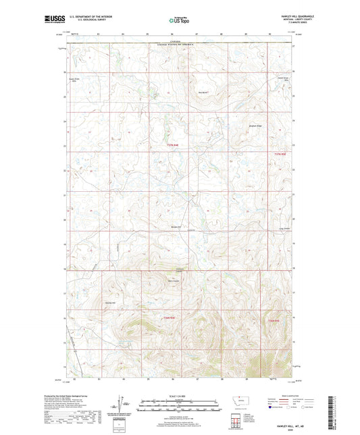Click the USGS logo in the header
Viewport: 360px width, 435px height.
(53, 19)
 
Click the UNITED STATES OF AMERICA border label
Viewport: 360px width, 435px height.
(177, 45)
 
